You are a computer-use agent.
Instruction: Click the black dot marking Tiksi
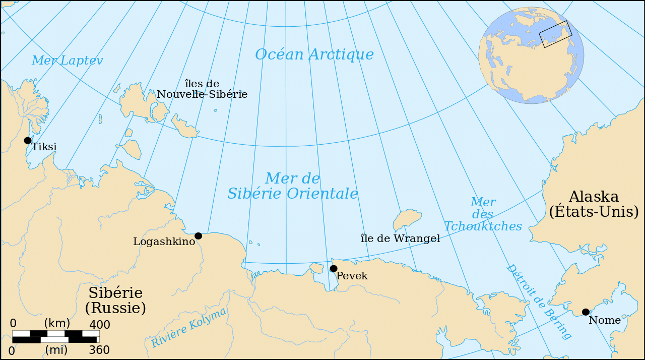28,140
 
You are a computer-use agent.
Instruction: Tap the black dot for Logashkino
198,236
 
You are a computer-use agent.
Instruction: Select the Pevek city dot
334,268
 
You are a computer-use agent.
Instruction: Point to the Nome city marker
586,312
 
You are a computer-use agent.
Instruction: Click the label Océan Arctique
314,54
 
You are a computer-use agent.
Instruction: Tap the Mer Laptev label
67,61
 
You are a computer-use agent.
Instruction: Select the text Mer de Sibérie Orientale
293,186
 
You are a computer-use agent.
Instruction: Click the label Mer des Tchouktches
483,214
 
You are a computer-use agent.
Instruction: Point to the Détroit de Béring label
538,301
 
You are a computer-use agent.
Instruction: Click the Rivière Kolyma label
189,327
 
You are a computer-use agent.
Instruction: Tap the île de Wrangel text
400,239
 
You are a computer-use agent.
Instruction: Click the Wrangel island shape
407,220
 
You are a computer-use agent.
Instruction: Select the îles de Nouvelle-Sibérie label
202,89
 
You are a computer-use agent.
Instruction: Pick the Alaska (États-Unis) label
594,204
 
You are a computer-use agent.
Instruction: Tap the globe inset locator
531,55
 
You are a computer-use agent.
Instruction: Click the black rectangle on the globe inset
555,34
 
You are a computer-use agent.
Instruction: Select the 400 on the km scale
99,324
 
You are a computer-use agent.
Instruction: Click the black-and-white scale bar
55,336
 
